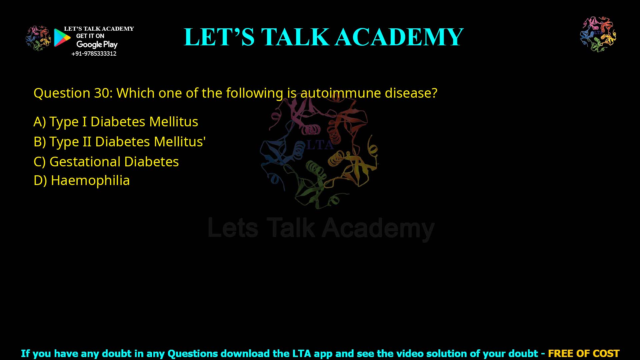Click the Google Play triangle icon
tap(62, 37)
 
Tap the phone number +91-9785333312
tap(94, 54)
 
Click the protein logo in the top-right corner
tap(598, 34)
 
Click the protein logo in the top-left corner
tap(38, 38)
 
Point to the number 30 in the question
tap(101, 93)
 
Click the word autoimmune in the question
tap(340, 93)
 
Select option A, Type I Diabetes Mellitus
tap(116, 122)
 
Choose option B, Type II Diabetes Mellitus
tap(119, 142)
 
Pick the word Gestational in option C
tap(85, 162)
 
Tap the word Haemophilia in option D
tap(90, 180)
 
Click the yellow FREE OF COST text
tap(583, 353)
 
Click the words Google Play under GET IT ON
tap(97, 44)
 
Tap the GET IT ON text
tap(90, 36)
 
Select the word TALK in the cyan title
tap(295, 37)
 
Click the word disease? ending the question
tap(411, 93)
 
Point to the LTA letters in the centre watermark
tap(319, 145)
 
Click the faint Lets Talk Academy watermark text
tap(321, 228)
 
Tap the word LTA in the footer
tap(302, 353)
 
